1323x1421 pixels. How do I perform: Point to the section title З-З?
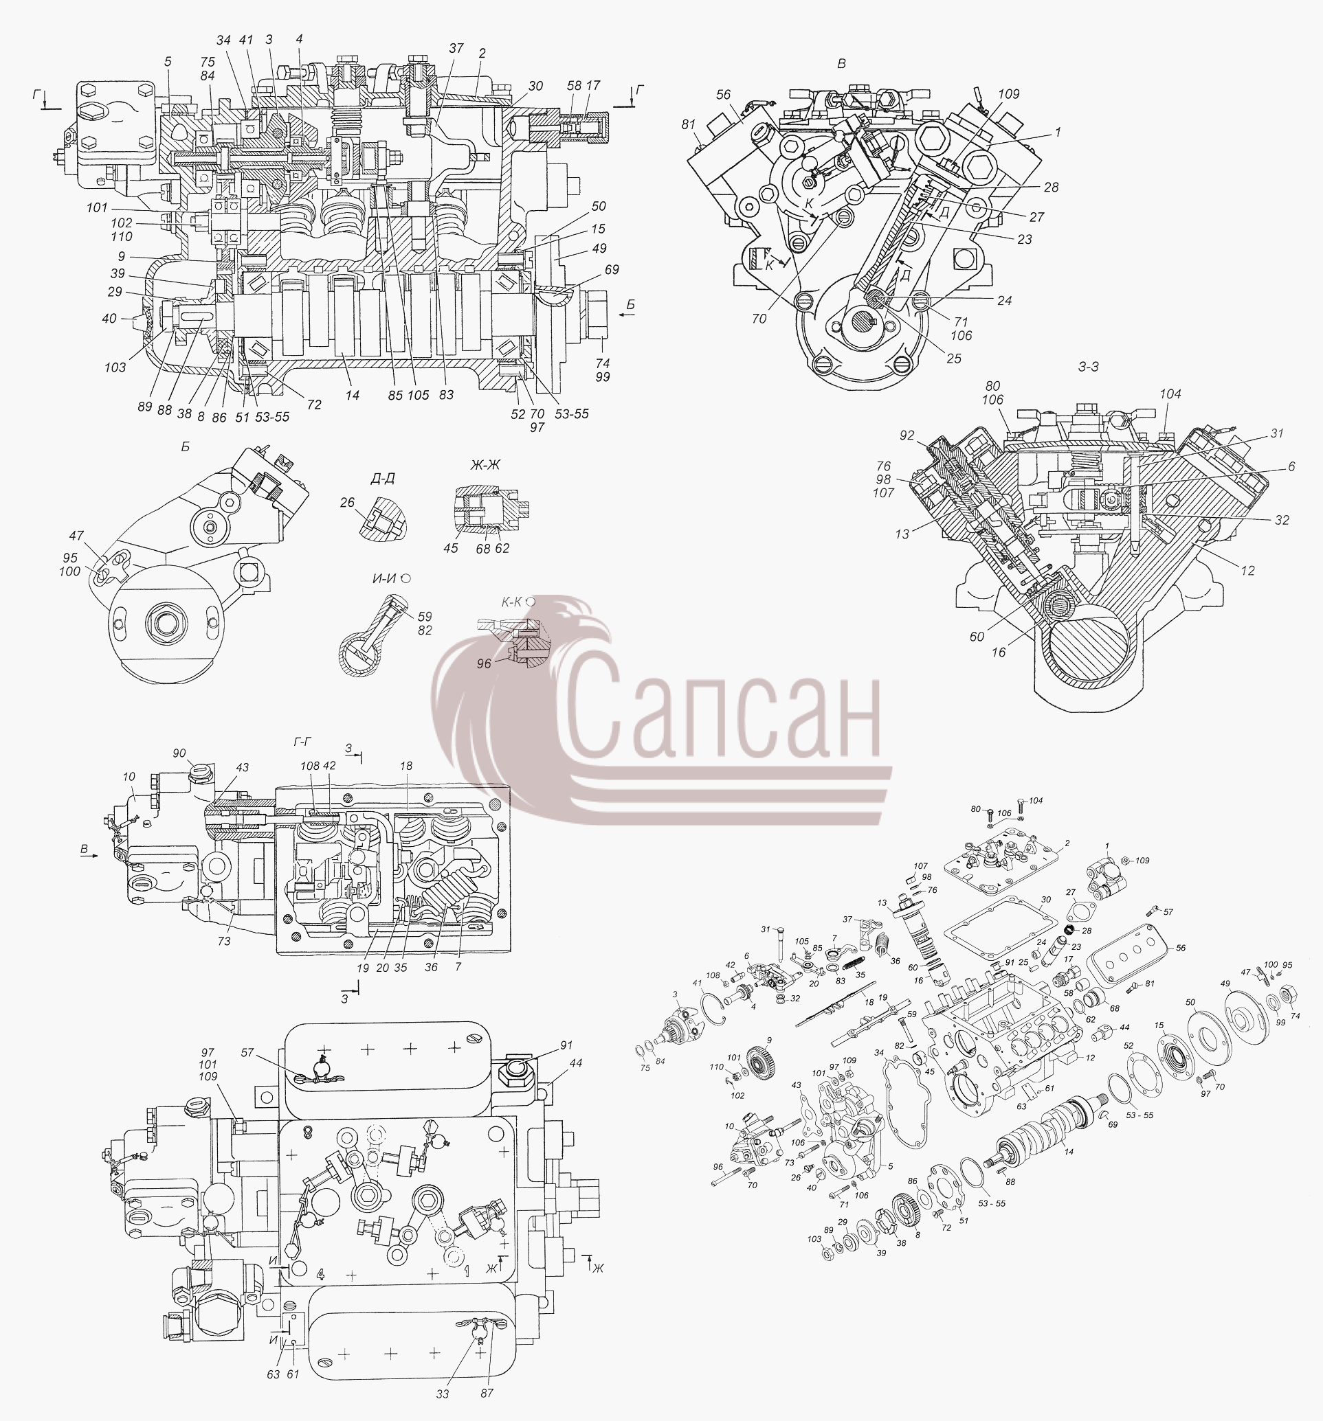point(1088,367)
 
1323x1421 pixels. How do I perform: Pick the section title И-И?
point(384,578)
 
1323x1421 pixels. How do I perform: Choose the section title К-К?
point(511,602)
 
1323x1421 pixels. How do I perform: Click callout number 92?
point(907,435)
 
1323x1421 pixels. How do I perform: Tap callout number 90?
point(179,753)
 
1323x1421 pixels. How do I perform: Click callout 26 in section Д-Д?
point(347,503)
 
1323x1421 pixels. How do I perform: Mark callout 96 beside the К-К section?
point(484,663)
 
